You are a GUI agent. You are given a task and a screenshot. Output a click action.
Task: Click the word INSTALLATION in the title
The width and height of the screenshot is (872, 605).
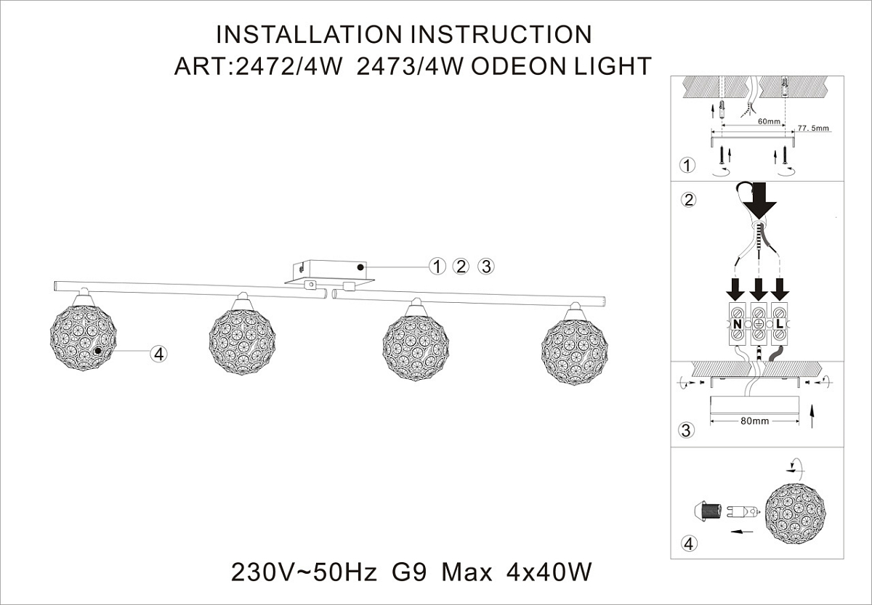[x=309, y=34]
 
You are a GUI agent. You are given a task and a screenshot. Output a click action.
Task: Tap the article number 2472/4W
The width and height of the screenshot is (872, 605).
[x=289, y=66]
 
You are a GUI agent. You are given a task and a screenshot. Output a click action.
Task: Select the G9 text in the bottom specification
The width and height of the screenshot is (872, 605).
[x=409, y=572]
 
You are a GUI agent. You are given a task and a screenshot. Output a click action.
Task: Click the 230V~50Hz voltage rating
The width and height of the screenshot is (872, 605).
[x=304, y=572]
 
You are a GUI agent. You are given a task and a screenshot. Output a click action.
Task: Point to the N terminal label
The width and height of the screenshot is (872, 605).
[x=737, y=324]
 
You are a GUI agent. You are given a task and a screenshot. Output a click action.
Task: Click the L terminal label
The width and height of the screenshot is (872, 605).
[x=779, y=324]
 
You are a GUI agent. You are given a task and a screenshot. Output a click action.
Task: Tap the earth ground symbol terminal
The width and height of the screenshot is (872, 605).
[x=759, y=324]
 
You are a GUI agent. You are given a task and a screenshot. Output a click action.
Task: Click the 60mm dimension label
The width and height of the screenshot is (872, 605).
[x=769, y=121]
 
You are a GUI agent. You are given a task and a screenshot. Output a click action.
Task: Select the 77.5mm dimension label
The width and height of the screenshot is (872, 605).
[x=813, y=128]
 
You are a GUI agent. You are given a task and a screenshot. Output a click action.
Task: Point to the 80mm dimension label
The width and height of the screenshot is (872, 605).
[x=754, y=421]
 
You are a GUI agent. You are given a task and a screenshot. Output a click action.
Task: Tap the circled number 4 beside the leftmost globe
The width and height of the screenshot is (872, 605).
[x=158, y=354]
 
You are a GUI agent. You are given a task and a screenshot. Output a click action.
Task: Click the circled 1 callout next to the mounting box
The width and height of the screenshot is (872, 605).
[x=437, y=267]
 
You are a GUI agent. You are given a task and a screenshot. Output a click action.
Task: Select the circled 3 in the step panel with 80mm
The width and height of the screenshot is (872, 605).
[x=686, y=430]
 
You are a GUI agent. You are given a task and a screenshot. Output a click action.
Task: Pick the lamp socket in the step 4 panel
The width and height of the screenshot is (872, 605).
[x=707, y=511]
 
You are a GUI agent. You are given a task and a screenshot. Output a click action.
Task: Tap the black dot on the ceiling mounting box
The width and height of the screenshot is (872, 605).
[x=360, y=267]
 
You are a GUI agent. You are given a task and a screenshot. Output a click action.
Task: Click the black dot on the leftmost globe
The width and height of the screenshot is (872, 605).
[x=98, y=351]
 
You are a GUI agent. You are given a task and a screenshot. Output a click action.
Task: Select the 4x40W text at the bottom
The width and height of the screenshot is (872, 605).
[x=549, y=572]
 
